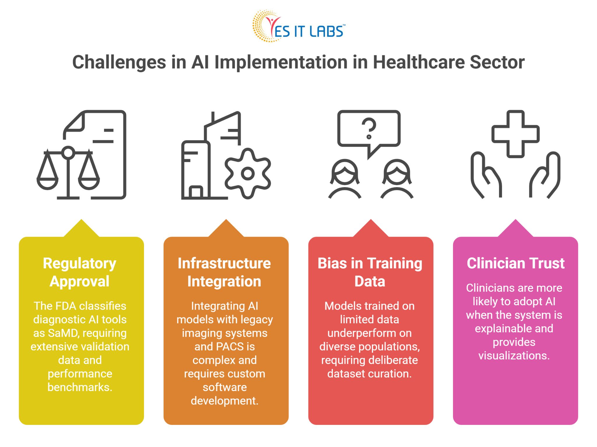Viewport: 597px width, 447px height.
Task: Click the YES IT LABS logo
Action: [298, 27]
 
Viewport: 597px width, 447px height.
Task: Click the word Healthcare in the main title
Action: [419, 62]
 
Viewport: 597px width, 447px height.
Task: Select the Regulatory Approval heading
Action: [80, 272]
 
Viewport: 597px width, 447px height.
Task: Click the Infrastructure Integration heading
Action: [224, 272]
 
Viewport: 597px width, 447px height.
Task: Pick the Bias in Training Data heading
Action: [370, 272]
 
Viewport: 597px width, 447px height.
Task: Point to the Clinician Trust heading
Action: [515, 263]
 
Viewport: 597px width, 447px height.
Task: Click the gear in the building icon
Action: [248, 174]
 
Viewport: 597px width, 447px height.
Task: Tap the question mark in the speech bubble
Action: [369, 128]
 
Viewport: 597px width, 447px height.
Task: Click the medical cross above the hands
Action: [515, 134]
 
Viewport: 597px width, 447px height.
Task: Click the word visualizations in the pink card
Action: [514, 356]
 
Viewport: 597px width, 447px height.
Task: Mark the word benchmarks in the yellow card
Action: [80, 387]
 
